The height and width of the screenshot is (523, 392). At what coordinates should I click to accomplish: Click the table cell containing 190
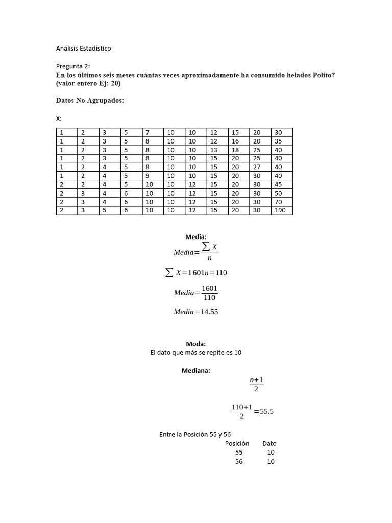[282, 210]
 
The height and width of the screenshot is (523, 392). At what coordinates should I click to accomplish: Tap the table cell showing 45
[282, 184]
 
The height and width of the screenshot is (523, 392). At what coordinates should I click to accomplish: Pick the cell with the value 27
[260, 167]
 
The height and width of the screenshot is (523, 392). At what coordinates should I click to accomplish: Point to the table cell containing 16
[239, 141]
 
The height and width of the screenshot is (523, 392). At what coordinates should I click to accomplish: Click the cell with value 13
[217, 150]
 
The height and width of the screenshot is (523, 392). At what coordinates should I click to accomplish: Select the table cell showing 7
[153, 132]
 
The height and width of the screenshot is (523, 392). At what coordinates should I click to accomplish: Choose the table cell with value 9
[153, 176]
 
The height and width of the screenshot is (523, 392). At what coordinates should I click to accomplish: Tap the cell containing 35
[282, 141]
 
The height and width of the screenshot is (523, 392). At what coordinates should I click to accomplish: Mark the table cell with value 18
[239, 150]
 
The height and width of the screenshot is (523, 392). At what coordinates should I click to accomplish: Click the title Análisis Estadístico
[83, 49]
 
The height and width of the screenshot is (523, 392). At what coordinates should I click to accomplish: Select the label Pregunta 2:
[72, 66]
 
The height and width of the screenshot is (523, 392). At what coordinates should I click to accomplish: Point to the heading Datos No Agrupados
[90, 101]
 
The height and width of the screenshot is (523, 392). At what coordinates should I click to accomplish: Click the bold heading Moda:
[196, 344]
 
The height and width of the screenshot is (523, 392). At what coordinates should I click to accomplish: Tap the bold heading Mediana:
[196, 370]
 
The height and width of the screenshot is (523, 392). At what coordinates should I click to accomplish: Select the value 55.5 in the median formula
[267, 412]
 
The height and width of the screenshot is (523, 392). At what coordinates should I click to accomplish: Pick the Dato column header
[269, 443]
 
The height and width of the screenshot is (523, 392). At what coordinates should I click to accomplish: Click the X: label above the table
[59, 118]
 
